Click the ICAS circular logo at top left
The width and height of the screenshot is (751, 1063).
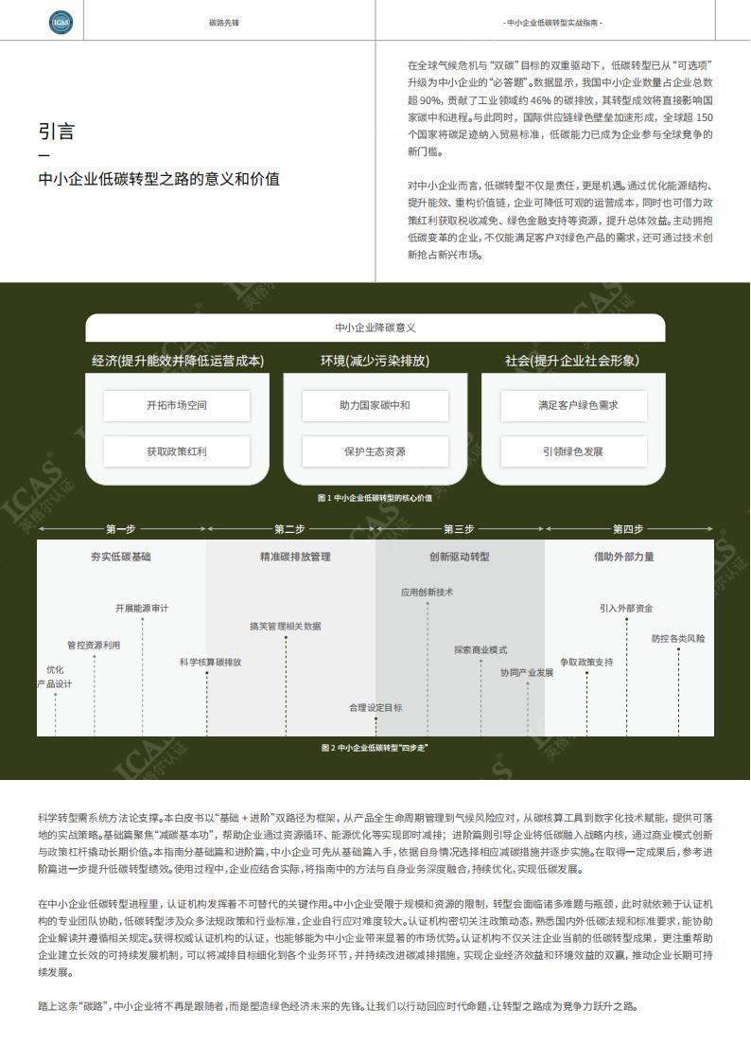[x=61, y=23]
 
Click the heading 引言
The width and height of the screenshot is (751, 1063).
[x=57, y=132]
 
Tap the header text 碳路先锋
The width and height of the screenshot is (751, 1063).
[x=224, y=23]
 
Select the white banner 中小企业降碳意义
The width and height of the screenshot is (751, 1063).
[x=375, y=328]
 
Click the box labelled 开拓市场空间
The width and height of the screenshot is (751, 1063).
[x=177, y=405]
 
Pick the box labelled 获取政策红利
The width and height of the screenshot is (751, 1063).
[x=177, y=452]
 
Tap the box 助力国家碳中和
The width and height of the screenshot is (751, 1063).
[x=375, y=405]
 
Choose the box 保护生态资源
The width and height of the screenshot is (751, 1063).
[x=375, y=452]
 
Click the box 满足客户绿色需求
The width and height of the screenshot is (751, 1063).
[x=573, y=405]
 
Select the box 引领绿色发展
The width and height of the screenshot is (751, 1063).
[x=573, y=452]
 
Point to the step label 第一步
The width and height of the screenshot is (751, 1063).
[x=120, y=529]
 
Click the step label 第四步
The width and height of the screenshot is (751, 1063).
[x=628, y=529]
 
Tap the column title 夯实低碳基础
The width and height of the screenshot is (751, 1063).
[x=120, y=557]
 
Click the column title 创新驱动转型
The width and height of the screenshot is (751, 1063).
[x=459, y=557]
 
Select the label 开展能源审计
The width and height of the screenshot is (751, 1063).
[x=142, y=608]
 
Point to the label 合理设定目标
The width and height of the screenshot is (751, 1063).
[x=375, y=707]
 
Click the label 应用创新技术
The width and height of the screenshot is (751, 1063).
[x=428, y=592]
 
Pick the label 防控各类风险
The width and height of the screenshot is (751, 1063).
[x=678, y=638]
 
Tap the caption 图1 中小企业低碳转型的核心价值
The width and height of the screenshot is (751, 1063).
[x=375, y=498]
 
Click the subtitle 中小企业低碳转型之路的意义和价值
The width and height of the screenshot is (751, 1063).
[x=159, y=179]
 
